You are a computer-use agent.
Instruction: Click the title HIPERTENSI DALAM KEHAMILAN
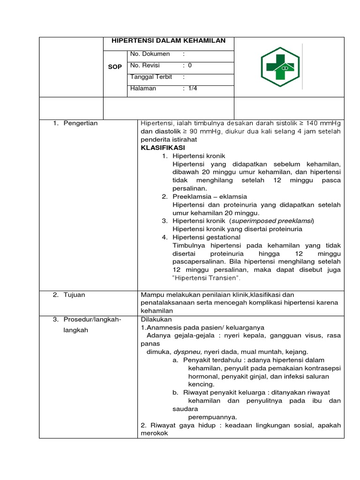pyautogui.click(x=168, y=41)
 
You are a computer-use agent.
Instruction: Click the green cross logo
pyautogui.click(x=280, y=67)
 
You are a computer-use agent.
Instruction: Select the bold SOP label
pyautogui.click(x=115, y=67)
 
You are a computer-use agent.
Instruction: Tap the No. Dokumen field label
pyautogui.click(x=150, y=54)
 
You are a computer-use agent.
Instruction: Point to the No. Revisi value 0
pyautogui.click(x=190, y=66)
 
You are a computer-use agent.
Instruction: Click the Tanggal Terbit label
pyautogui.click(x=151, y=77)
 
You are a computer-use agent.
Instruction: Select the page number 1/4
pyautogui.click(x=193, y=88)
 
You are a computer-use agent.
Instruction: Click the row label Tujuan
pyautogui.click(x=75, y=295)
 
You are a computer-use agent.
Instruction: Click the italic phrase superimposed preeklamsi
pyautogui.click(x=272, y=221)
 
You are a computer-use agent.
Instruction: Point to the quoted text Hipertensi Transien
pyautogui.click(x=206, y=278)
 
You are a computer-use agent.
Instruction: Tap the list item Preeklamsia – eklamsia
pyautogui.click(x=210, y=196)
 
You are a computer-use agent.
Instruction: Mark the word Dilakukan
pyautogui.click(x=156, y=319)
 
